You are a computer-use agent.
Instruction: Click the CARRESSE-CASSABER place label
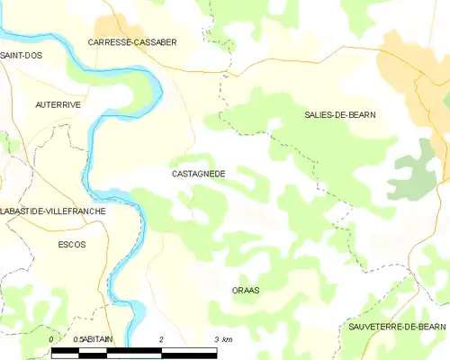click(x=132, y=42)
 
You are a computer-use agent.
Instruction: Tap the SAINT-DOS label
click(x=22, y=55)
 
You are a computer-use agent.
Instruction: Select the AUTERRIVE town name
click(x=58, y=104)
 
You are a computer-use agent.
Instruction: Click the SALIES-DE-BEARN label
click(x=340, y=115)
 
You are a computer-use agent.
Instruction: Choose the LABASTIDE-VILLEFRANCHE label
click(x=53, y=211)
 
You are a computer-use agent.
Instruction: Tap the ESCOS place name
click(x=71, y=244)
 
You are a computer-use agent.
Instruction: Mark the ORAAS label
click(x=245, y=290)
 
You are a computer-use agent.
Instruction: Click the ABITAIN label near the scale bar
click(x=101, y=339)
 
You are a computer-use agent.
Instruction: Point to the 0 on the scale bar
click(x=51, y=339)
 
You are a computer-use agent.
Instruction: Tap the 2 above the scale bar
click(x=161, y=339)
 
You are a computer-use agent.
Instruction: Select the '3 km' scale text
click(x=222, y=339)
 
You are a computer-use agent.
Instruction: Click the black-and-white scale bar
click(x=134, y=352)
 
